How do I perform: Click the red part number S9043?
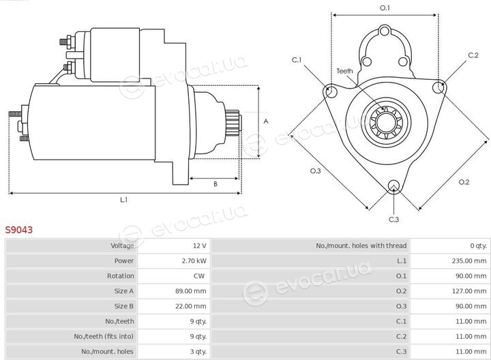[x=19, y=230]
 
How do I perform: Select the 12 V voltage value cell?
[x=199, y=245]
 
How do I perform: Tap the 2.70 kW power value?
[x=194, y=260]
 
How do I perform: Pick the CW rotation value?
[x=199, y=275]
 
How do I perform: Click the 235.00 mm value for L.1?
[x=469, y=260]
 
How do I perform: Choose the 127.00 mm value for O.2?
[x=469, y=291]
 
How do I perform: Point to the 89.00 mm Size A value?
[x=191, y=291]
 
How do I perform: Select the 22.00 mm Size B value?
[x=191, y=306]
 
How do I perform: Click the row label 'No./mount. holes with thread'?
[x=361, y=245]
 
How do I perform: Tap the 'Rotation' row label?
[x=120, y=275]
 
